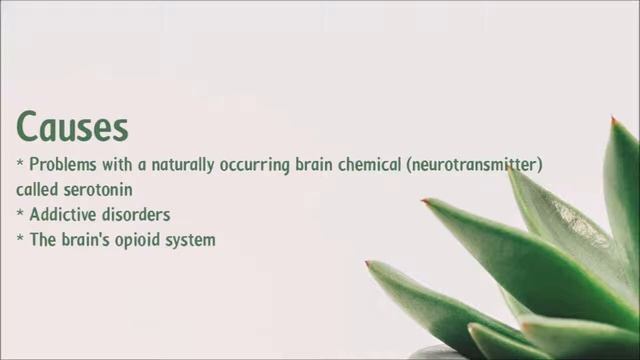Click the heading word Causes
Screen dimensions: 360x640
click(72, 127)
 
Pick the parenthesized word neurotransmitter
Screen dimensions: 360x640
click(475, 164)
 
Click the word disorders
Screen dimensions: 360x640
click(136, 214)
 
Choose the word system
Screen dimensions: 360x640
click(193, 239)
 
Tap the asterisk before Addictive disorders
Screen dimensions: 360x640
click(20, 213)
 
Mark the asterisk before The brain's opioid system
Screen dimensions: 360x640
click(20, 238)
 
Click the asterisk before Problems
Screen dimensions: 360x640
click(20, 163)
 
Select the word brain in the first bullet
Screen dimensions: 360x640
click(315, 164)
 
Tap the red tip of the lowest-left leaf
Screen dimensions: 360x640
click(368, 264)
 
